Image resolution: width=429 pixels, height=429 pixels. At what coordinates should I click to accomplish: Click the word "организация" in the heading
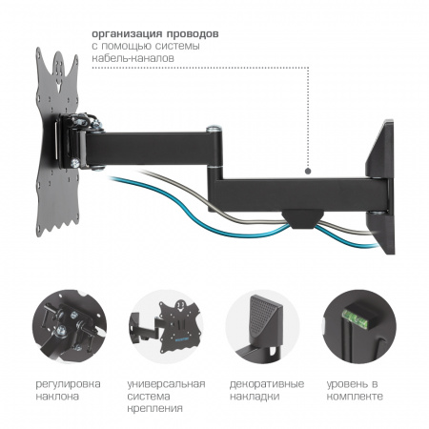127,34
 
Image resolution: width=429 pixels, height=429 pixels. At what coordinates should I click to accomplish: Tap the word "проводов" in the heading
193,33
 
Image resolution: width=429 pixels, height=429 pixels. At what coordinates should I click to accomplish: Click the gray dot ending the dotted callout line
308,171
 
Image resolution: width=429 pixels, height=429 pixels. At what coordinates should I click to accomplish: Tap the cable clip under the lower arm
302,220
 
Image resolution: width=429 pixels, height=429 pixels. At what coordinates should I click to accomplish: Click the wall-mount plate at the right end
381,187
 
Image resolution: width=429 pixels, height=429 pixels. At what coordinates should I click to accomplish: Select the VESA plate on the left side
57,142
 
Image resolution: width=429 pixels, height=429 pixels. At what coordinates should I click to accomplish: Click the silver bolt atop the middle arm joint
214,130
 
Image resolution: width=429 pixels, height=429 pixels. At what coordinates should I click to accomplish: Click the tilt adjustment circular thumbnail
70,326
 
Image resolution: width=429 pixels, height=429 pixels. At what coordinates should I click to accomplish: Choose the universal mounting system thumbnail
166,326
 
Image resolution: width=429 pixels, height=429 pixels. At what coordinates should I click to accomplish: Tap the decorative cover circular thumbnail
262,326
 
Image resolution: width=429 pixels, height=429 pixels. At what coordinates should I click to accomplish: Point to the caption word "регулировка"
68,385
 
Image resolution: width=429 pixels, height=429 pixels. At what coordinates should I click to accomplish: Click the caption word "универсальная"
166,384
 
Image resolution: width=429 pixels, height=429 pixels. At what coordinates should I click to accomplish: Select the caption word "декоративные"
267,384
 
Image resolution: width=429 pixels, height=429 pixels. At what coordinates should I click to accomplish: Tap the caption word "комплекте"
355,397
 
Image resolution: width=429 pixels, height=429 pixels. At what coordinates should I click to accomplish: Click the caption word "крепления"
155,409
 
